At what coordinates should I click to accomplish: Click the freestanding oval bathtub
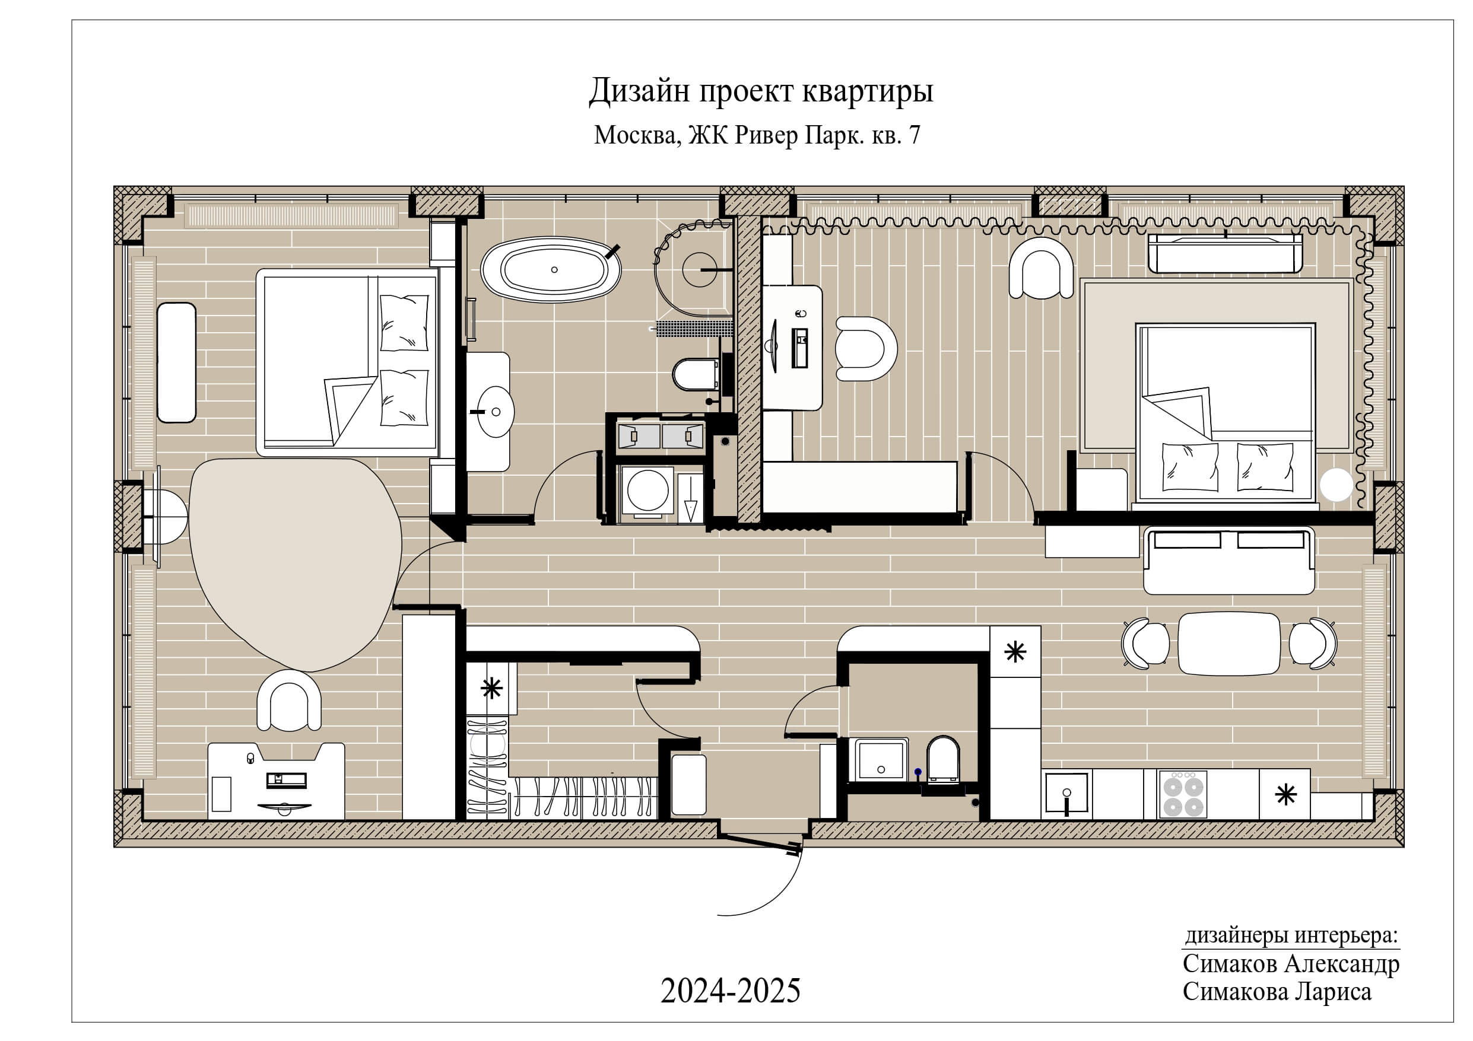(551, 269)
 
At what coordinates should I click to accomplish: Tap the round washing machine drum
(647, 490)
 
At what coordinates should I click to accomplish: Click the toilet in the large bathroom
(695, 374)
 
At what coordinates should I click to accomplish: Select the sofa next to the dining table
(1228, 561)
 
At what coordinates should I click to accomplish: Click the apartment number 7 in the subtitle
(914, 135)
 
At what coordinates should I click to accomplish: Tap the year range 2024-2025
(730, 991)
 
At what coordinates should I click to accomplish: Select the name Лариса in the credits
(1332, 992)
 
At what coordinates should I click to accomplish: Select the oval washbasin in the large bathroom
(496, 411)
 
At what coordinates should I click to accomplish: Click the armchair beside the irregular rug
(288, 701)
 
